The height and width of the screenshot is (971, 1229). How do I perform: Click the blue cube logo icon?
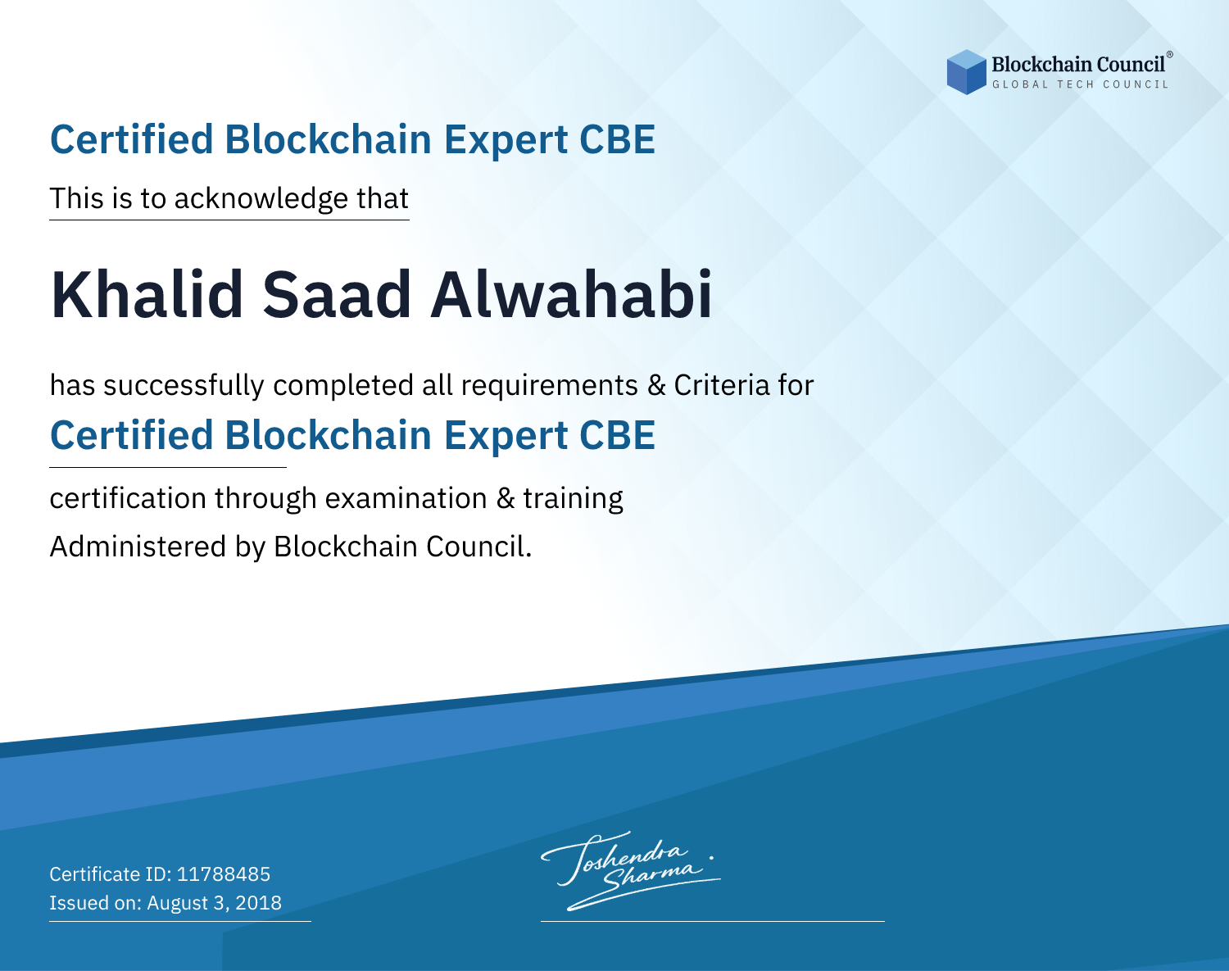(x=966, y=72)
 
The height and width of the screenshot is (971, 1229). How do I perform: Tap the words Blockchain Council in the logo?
(x=1078, y=65)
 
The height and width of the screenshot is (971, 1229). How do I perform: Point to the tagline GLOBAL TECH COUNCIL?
(x=1080, y=84)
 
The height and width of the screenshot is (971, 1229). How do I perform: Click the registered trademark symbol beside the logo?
(x=1170, y=55)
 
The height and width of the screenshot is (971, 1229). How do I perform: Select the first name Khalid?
(x=147, y=295)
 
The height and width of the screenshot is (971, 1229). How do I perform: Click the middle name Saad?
(x=337, y=295)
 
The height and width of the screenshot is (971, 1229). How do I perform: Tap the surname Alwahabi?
(x=571, y=295)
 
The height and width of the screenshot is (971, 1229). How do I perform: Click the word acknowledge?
(x=261, y=199)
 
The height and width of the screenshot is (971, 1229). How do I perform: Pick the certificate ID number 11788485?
(x=224, y=873)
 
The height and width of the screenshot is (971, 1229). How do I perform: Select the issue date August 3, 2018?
(x=214, y=902)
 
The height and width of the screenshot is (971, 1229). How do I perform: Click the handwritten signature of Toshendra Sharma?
(x=630, y=870)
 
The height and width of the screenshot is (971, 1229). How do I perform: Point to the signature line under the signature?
(x=712, y=921)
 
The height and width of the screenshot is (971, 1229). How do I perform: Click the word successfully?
(x=184, y=386)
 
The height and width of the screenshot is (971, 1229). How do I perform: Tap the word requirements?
(x=549, y=386)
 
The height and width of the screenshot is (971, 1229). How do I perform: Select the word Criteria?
(x=721, y=385)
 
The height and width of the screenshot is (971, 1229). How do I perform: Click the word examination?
(x=406, y=498)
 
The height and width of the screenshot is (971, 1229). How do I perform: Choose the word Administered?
(x=138, y=547)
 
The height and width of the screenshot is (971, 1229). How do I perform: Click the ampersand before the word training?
(x=505, y=499)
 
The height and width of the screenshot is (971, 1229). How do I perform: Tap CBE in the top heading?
(x=617, y=139)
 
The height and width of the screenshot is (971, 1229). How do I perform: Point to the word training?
(x=573, y=499)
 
